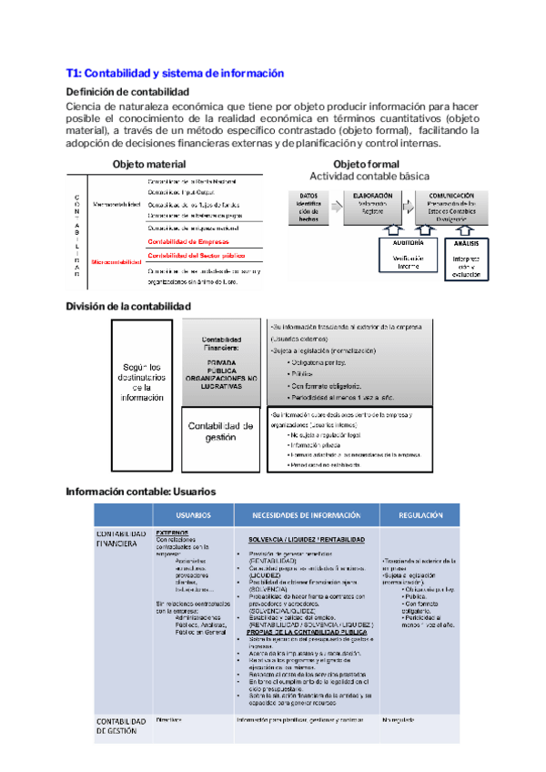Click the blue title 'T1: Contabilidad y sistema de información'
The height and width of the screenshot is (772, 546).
pyautogui.click(x=175, y=73)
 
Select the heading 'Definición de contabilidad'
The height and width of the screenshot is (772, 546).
pyautogui.click(x=127, y=92)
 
